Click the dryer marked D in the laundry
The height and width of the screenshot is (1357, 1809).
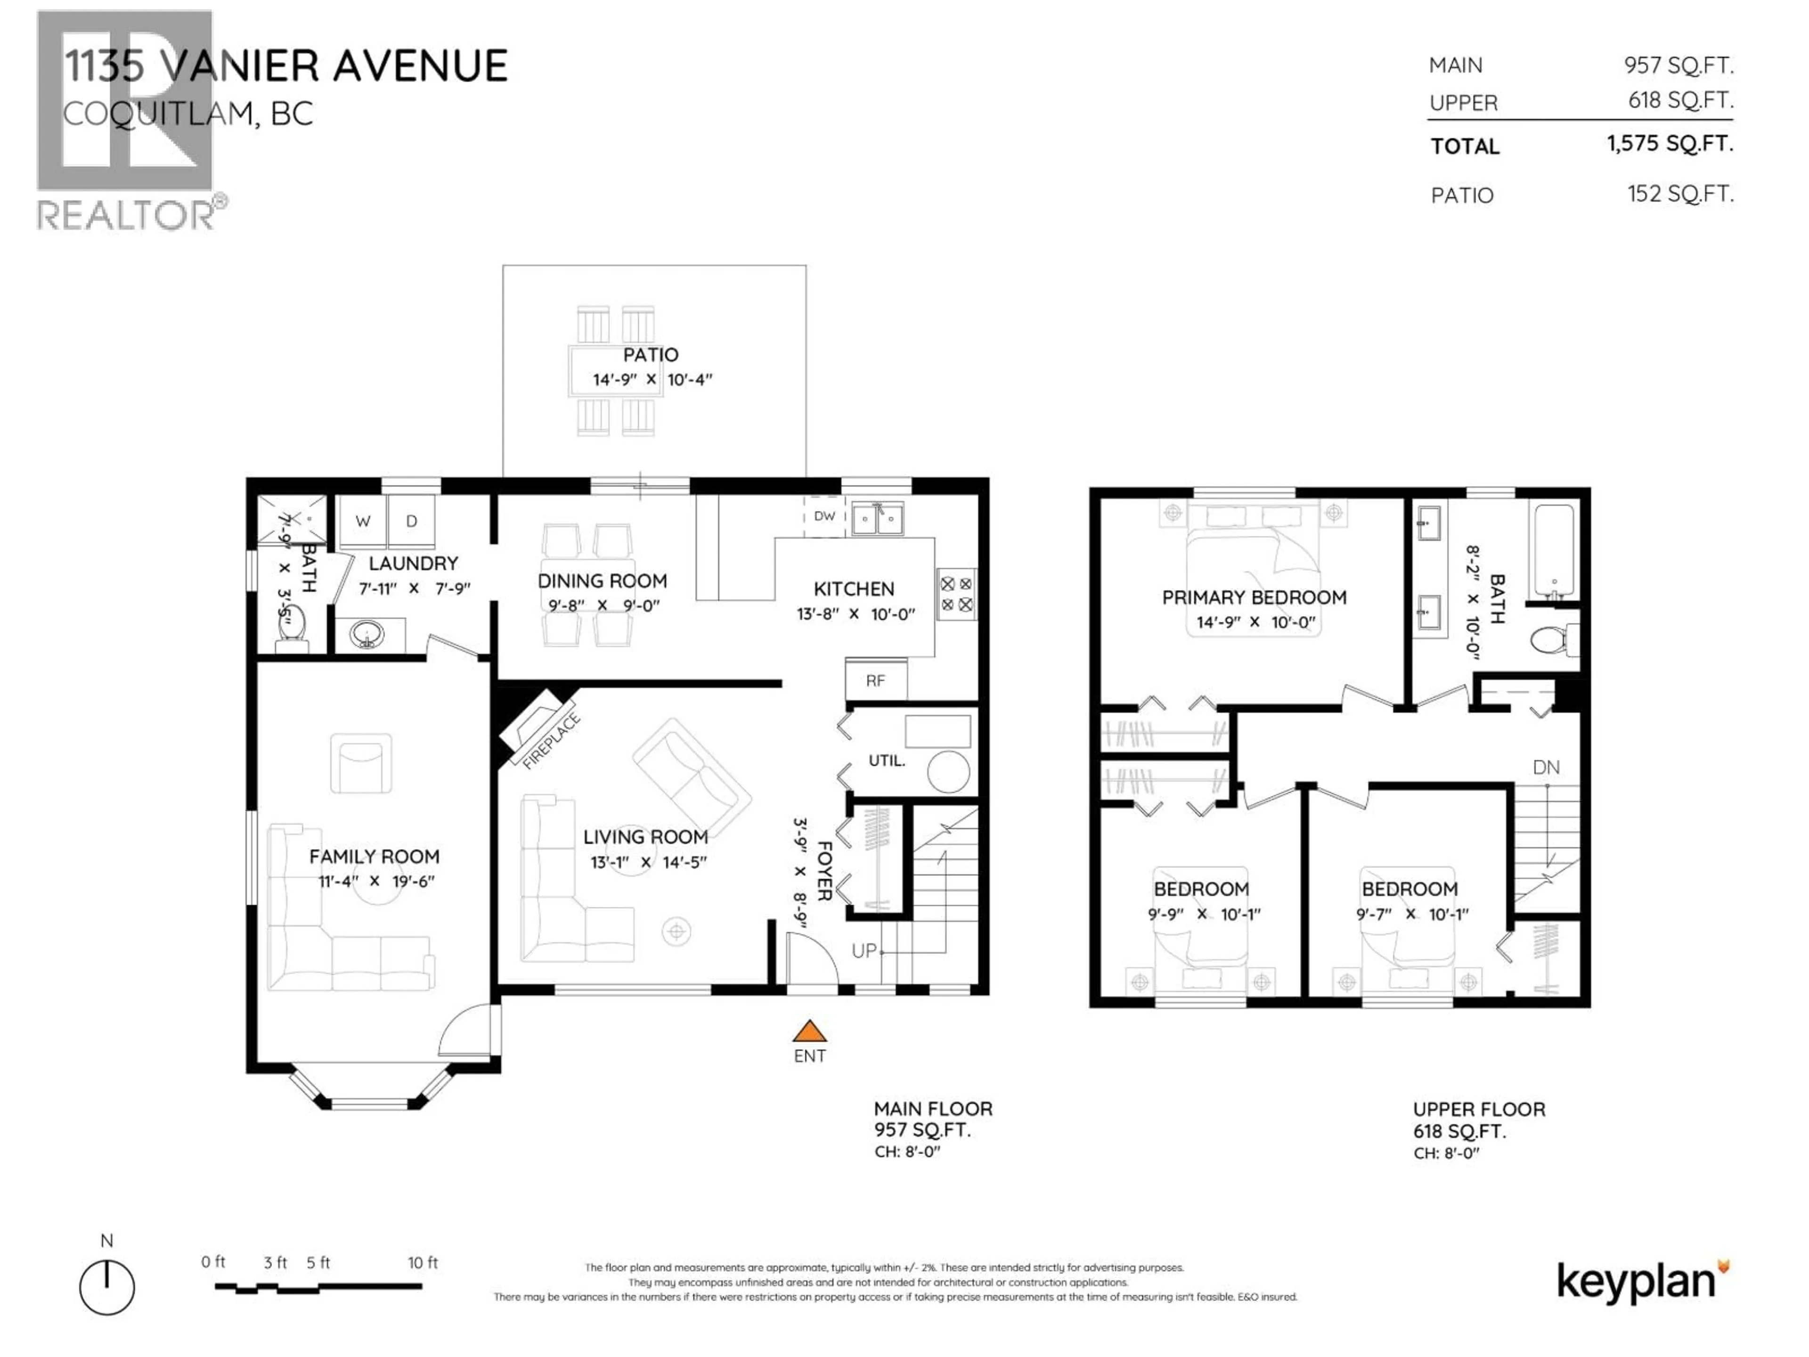click(411, 521)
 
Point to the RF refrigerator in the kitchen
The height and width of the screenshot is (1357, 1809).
click(875, 680)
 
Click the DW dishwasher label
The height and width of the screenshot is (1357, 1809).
click(824, 516)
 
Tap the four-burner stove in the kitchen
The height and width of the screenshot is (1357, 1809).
click(956, 595)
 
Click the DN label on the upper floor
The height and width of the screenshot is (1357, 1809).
click(1546, 767)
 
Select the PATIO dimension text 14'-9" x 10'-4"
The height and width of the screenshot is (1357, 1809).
click(652, 379)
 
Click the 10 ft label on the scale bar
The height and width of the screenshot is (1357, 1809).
click(423, 1263)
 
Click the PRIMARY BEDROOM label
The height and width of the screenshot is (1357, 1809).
click(1254, 597)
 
